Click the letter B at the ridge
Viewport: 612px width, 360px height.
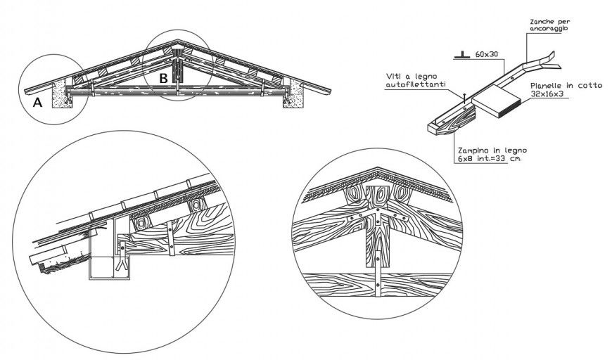162,79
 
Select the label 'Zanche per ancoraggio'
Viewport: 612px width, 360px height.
545,27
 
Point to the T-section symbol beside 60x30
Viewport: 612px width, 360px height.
461,53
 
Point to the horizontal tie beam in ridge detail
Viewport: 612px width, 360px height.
380,283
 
